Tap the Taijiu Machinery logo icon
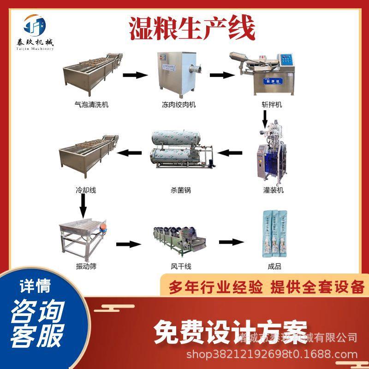point(36,24)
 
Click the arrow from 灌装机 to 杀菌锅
point(229,152)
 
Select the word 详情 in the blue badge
point(35,286)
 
